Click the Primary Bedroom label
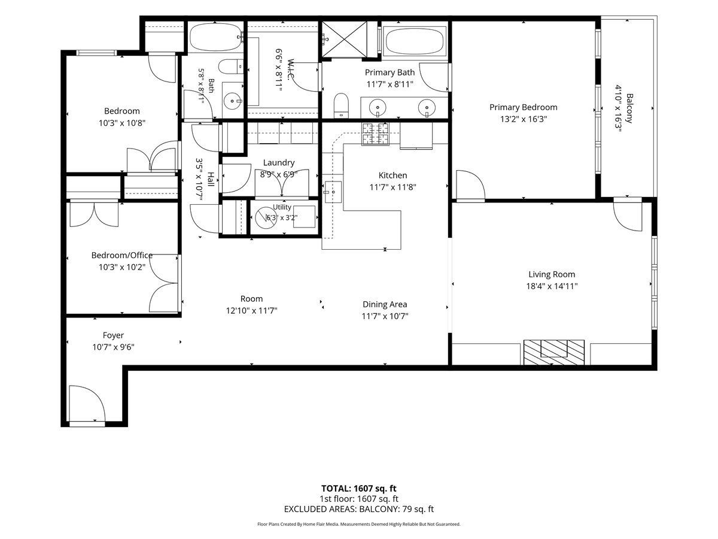coord(523,107)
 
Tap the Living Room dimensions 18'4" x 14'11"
coord(552,286)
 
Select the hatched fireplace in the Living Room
coord(554,352)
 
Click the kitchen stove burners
coord(376,134)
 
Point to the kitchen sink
coord(333,192)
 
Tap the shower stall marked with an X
coord(344,40)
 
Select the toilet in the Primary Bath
coord(341,105)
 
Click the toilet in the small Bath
coord(230,66)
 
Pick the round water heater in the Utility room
coord(266,218)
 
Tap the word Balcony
coord(629,108)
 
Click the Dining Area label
coord(385,304)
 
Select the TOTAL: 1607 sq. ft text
coord(358,489)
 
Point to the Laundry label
coord(279,163)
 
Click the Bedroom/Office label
coord(121,255)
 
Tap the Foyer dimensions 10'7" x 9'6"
coord(113,347)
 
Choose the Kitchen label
coord(393,175)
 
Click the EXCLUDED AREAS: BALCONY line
coord(358,509)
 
